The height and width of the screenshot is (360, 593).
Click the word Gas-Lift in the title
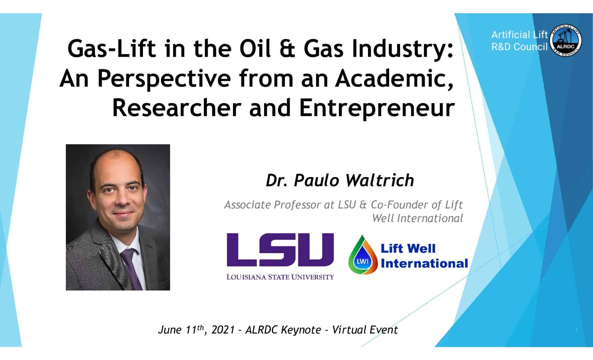[x=112, y=49]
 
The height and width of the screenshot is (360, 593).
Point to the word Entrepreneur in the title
[x=377, y=108]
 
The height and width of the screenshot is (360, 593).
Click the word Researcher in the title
[x=176, y=108]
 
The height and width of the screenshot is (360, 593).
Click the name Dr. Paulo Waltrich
[x=340, y=181]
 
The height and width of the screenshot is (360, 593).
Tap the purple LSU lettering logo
[x=280, y=250]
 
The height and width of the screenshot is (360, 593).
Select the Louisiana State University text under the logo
[x=280, y=277]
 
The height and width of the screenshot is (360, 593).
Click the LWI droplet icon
[x=363, y=255]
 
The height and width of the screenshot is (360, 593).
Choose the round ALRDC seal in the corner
[x=566, y=40]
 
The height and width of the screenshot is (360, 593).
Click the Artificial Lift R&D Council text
[x=520, y=41]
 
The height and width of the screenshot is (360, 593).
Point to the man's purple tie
[x=132, y=268]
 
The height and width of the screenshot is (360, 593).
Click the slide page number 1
[x=576, y=330]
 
